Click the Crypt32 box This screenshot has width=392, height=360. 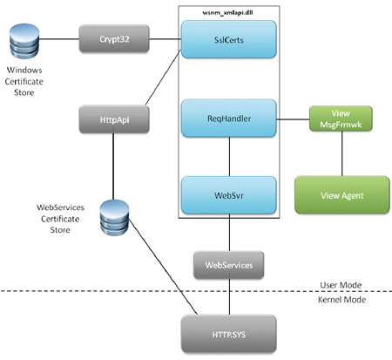114,38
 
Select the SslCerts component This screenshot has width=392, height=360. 229,39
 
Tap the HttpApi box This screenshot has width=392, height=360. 114,119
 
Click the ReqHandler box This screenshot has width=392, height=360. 229,119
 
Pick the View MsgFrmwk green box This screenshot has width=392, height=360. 341,119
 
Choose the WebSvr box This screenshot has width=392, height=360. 229,195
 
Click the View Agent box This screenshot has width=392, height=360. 342,195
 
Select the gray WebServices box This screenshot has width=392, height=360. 229,265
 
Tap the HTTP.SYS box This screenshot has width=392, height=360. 229,334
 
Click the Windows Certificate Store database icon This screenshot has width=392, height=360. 24,41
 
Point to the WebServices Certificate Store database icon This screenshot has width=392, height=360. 114,217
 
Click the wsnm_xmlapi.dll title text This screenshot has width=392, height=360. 227,13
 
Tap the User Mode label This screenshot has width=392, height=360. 341,285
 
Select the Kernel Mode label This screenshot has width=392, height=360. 341,300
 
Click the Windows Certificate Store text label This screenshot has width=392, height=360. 24,81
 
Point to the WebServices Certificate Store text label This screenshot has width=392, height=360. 60,219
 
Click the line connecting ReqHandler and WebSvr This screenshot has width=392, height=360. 230,157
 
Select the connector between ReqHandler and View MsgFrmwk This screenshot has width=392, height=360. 293,119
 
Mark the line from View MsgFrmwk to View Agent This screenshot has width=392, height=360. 341,153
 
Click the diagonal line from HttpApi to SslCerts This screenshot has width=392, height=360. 163,78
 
